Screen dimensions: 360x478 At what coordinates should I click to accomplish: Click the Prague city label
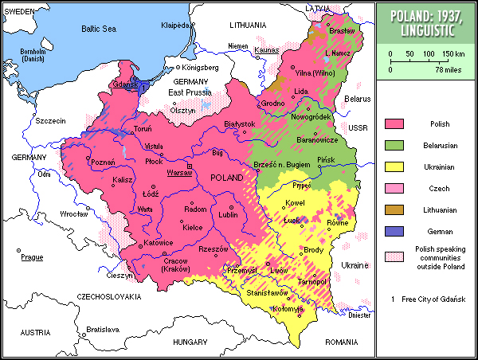click(32, 257)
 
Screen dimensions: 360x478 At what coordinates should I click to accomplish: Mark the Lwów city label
click(279, 272)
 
